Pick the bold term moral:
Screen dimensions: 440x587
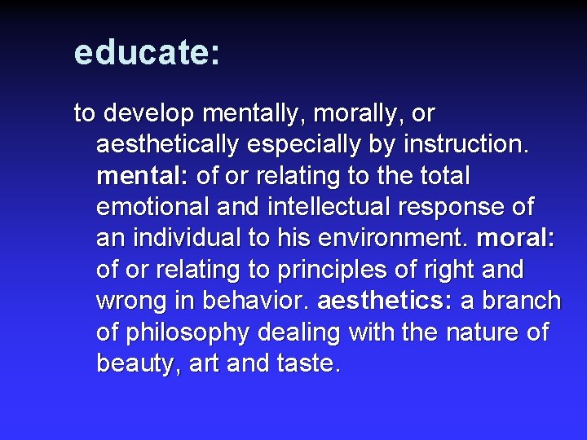pos(516,239)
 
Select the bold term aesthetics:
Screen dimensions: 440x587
pos(386,301)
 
